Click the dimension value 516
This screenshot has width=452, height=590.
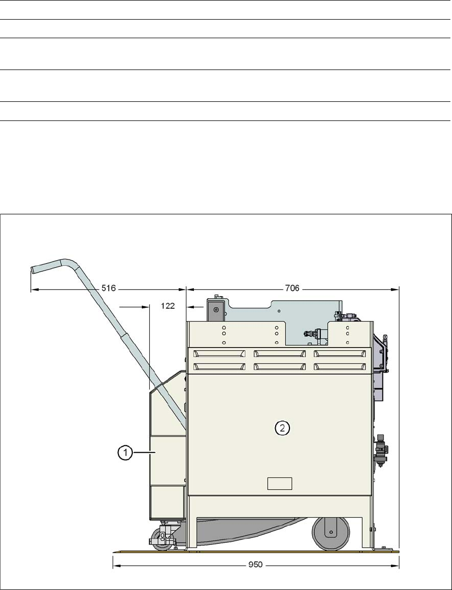pos(109,289)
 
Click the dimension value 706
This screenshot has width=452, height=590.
pos(292,289)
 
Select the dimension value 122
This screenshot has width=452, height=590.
pos(168,306)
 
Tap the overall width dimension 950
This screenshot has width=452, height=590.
pos(256,565)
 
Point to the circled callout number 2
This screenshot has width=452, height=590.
pos(283,428)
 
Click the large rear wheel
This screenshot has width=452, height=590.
pos(331,533)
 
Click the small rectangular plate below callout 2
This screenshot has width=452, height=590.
pos(279,483)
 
